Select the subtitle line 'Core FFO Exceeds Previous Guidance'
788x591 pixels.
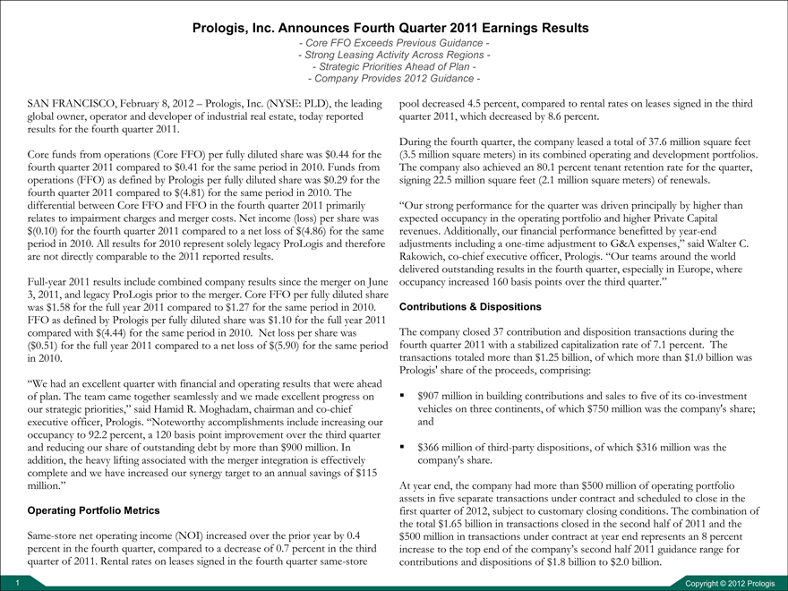(x=393, y=43)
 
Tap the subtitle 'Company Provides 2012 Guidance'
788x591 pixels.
(x=393, y=78)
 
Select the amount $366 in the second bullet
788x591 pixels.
(x=431, y=447)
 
